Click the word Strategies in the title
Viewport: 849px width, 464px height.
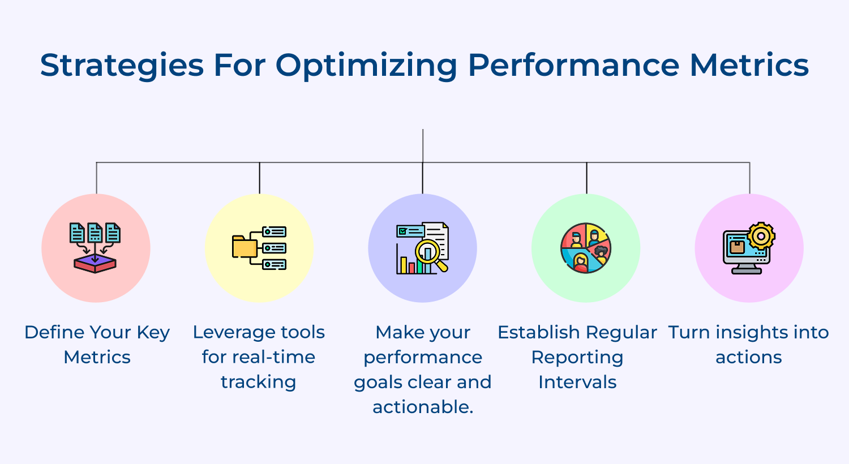(x=122, y=65)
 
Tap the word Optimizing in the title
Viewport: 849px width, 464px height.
(x=366, y=65)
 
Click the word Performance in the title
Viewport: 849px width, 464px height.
(x=573, y=65)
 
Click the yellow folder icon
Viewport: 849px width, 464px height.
(x=245, y=247)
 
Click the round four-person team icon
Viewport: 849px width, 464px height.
(x=586, y=248)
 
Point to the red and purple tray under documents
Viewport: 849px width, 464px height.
(x=95, y=264)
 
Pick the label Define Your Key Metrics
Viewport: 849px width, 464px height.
(x=97, y=344)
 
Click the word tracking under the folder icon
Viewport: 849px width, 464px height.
(x=258, y=382)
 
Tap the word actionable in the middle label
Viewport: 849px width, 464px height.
(x=422, y=407)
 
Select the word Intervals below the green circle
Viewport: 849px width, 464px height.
(x=577, y=382)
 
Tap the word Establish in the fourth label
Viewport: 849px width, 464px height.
(x=538, y=332)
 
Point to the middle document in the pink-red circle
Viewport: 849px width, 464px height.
(x=95, y=233)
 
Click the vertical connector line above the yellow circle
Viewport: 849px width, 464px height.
(x=259, y=178)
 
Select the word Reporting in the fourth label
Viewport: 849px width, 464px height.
(x=577, y=357)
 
